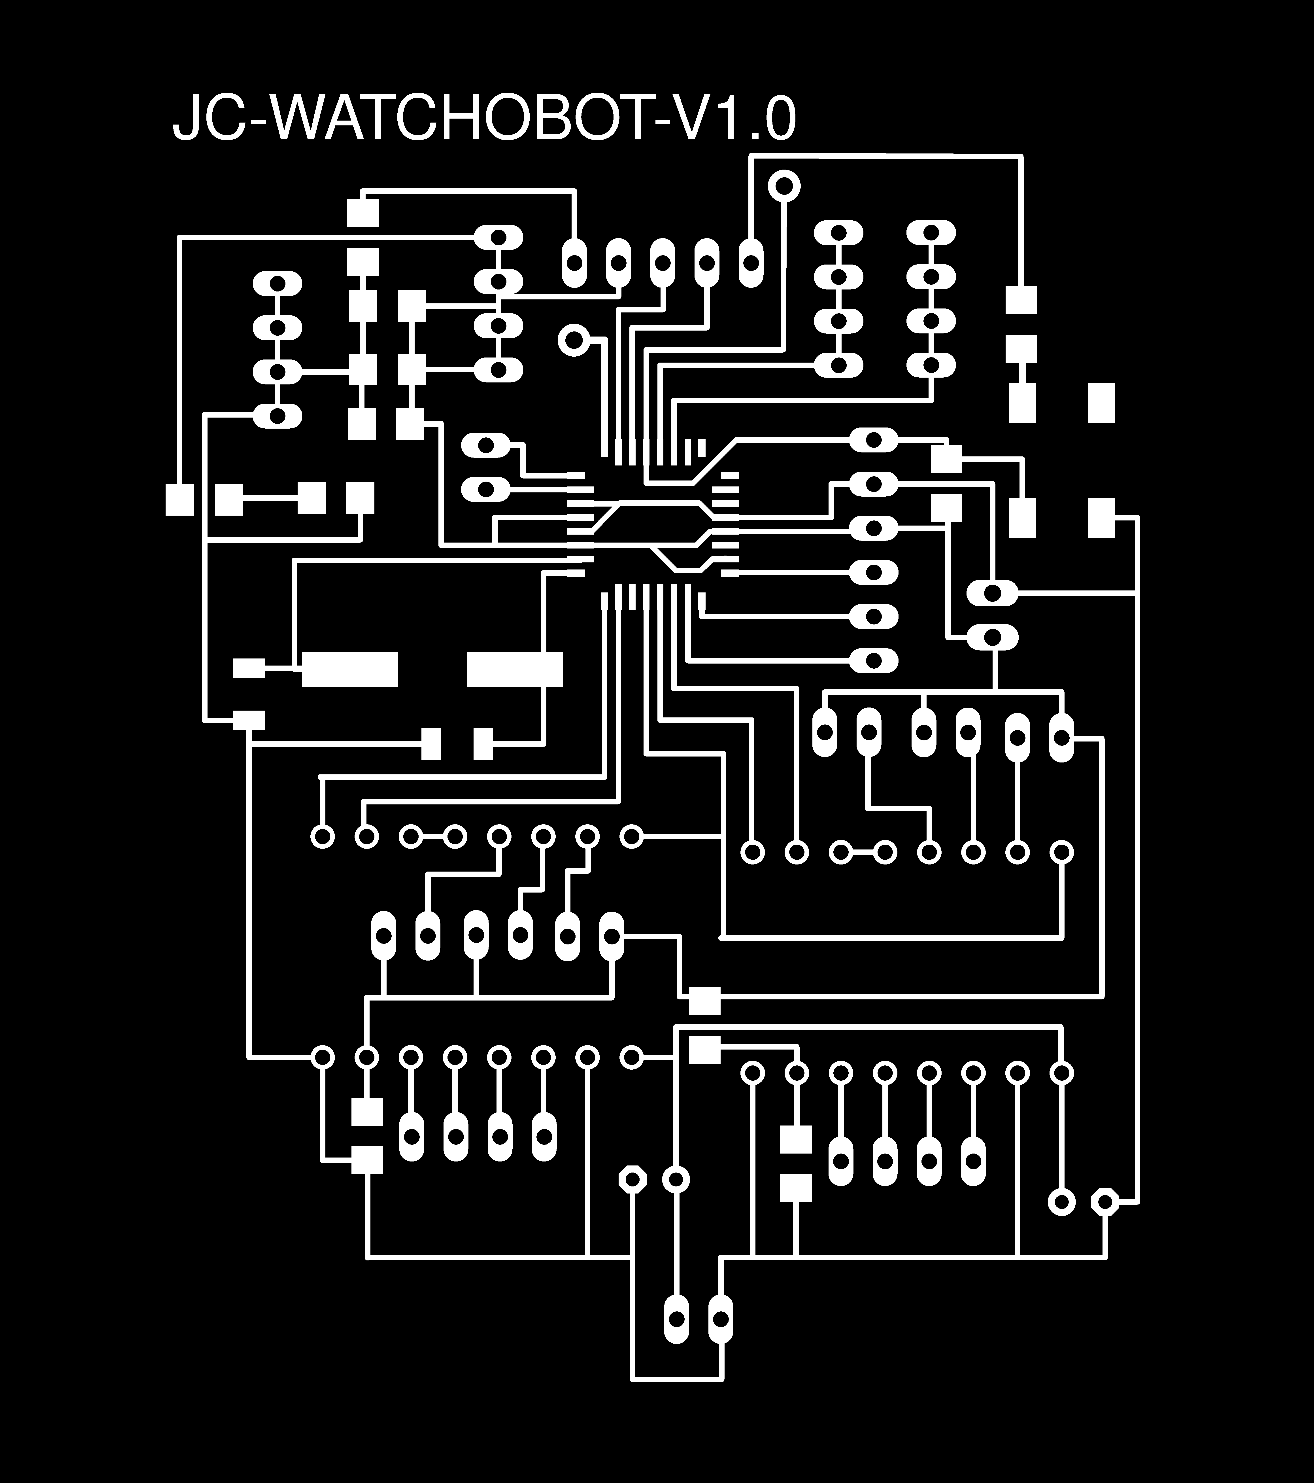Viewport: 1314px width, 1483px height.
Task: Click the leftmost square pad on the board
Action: point(179,499)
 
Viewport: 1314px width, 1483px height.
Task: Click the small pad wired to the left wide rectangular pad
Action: point(249,668)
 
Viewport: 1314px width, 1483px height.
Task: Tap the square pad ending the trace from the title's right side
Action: point(1022,300)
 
